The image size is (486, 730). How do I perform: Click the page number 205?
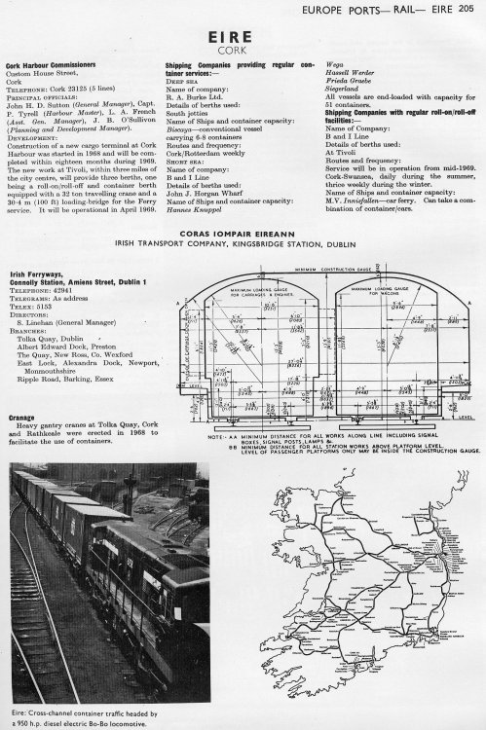pyautogui.click(x=471, y=9)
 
